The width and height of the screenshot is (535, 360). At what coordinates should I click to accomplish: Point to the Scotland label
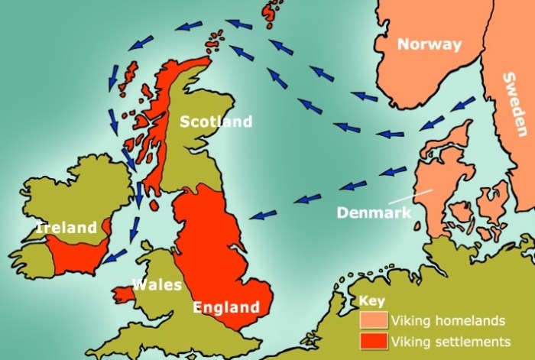[x=216, y=122]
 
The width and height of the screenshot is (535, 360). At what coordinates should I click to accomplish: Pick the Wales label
[x=157, y=285]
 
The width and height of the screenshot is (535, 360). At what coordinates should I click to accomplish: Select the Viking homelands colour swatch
[x=373, y=320]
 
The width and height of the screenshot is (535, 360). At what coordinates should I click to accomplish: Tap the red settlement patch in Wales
[x=121, y=293]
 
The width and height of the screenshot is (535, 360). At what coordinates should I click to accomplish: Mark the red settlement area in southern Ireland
[x=76, y=252]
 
